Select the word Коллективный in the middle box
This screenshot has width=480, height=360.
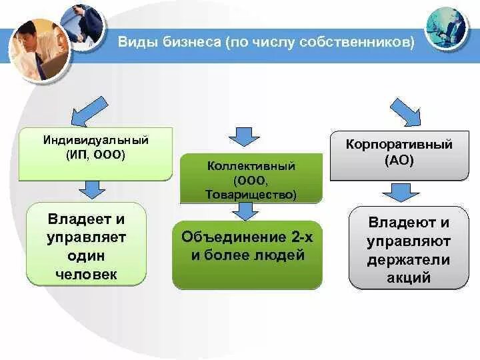coord(251,165)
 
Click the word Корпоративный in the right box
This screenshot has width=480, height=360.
coord(399,144)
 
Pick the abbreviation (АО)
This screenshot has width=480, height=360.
coord(399,160)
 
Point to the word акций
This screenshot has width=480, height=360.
coord(409,278)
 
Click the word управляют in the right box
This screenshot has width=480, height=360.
coord(409,241)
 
